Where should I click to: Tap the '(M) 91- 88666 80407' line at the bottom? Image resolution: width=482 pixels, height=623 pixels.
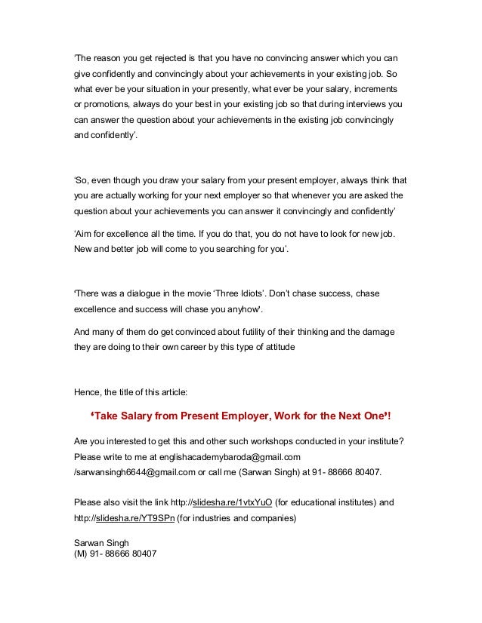pyautogui.click(x=114, y=554)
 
